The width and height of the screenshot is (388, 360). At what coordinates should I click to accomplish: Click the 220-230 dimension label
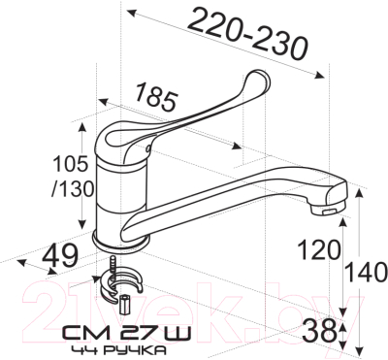[247, 33]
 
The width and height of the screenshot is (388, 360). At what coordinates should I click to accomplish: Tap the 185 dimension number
[156, 97]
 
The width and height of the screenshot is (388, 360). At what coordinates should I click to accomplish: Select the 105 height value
[71, 164]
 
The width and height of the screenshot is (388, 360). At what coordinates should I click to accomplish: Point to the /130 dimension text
[73, 188]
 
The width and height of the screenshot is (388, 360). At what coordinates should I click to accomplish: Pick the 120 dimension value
[319, 250]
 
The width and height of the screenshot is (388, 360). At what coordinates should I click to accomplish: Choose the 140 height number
[367, 272]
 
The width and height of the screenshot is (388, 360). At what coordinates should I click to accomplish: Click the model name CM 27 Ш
[126, 334]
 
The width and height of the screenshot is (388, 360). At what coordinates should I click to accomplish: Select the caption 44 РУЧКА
[119, 350]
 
